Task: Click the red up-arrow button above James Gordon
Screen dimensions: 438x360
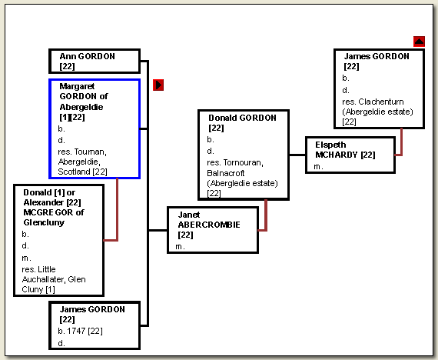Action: click(x=419, y=42)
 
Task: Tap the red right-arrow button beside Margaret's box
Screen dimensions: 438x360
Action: click(x=158, y=85)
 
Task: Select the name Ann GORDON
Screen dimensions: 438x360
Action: click(x=87, y=56)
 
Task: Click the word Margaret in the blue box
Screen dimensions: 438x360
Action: click(x=77, y=86)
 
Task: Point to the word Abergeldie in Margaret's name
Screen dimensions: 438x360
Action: click(x=81, y=107)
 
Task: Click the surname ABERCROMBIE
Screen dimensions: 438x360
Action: click(x=209, y=225)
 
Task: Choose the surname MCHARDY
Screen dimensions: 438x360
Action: click(x=337, y=155)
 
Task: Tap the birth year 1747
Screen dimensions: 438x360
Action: click(x=76, y=331)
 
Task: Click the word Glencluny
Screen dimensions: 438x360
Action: click(x=44, y=222)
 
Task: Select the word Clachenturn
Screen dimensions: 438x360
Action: click(x=381, y=102)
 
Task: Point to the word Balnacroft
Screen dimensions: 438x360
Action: click(x=226, y=173)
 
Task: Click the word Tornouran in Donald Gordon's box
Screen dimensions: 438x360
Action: click(x=243, y=162)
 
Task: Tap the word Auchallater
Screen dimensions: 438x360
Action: click(x=44, y=279)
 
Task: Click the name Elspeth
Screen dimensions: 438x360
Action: click(x=330, y=145)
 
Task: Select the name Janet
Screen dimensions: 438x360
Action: click(x=189, y=215)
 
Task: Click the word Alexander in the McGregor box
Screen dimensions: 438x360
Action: click(x=44, y=202)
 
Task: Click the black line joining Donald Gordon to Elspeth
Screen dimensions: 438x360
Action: click(x=297, y=155)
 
